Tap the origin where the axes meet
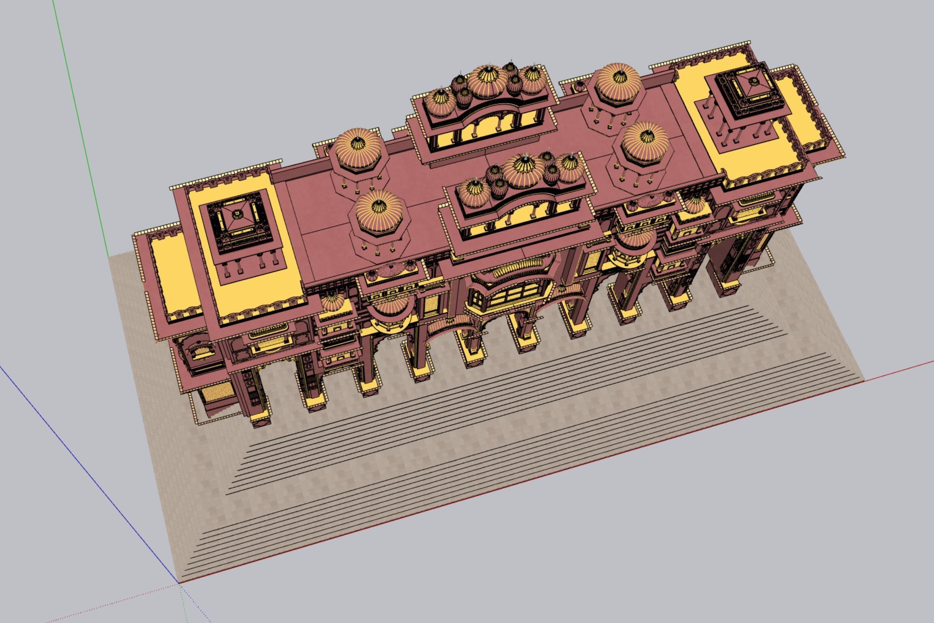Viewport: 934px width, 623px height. click(x=179, y=583)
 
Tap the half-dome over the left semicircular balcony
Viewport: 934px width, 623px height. click(x=392, y=306)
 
